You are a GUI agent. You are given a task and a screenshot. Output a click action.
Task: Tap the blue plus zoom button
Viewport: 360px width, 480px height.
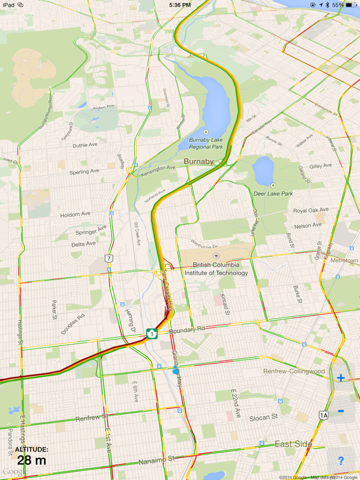pos(340,378)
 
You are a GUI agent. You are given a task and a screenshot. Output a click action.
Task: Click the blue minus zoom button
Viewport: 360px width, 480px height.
pos(340,411)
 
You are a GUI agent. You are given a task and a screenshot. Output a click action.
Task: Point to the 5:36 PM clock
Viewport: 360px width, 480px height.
pos(180,5)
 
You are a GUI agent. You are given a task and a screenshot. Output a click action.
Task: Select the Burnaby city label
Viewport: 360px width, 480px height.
pos(199,161)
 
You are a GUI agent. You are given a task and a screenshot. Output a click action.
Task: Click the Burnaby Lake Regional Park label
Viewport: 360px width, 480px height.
pos(206,143)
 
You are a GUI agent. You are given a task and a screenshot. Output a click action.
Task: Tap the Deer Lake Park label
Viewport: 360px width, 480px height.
pos(273,193)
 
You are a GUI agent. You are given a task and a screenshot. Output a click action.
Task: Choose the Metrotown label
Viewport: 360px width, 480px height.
pos(344,261)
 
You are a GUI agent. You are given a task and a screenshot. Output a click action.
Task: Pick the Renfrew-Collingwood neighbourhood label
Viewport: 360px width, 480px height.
pos(294,371)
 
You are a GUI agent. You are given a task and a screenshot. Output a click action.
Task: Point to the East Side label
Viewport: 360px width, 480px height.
pos(293,444)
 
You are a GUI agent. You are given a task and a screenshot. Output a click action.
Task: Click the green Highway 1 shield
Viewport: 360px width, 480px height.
pos(152,334)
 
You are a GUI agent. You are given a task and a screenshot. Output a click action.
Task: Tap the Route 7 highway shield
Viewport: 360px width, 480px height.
pos(109,258)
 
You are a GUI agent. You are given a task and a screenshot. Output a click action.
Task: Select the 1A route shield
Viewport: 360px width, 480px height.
pos(323,415)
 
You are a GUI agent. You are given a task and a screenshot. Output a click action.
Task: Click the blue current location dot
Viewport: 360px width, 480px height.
pos(176,371)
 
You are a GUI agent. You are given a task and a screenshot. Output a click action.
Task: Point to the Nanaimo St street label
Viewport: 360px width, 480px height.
pos(157,459)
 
